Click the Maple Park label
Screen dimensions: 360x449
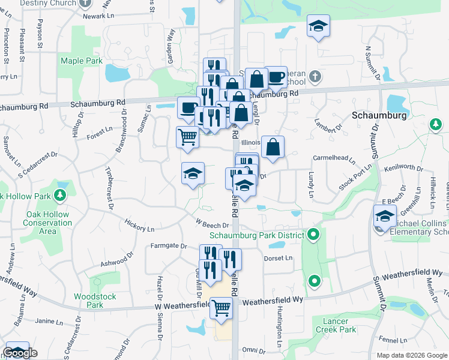click(81, 61)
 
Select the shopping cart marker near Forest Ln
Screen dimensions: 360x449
click(187, 137)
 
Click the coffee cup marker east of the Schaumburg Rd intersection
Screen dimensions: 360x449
click(276, 77)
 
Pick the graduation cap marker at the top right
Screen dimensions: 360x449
click(318, 26)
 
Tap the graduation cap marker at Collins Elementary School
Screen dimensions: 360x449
click(385, 216)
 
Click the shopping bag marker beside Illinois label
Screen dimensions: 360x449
click(273, 146)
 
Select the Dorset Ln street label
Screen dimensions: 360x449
click(278, 258)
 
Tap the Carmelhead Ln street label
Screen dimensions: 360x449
click(334, 159)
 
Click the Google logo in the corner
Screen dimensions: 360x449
click(20, 353)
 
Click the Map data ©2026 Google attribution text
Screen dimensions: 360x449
click(411, 355)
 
